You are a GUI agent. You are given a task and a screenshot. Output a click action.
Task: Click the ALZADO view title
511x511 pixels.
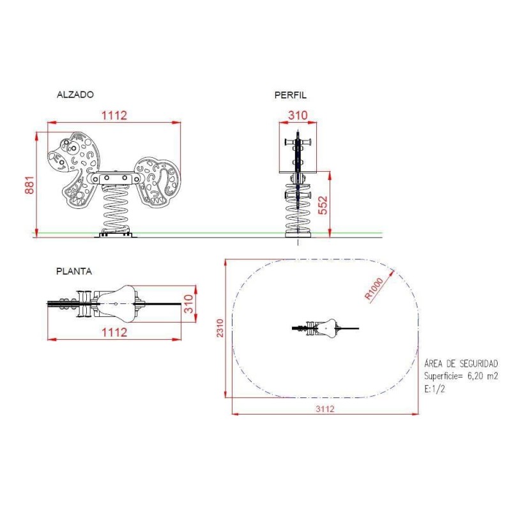click(75, 95)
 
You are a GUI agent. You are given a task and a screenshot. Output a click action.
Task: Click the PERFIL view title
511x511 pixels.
click(291, 95)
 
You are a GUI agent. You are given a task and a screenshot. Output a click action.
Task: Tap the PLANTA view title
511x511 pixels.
click(74, 271)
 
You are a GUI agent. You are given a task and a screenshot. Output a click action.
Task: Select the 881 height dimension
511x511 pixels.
click(29, 185)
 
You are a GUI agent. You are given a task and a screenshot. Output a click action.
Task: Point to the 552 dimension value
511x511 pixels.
click(323, 205)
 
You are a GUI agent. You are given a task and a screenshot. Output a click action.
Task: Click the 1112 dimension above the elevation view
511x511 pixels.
click(114, 116)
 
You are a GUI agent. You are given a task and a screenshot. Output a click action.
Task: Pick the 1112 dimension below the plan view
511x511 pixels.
click(114, 332)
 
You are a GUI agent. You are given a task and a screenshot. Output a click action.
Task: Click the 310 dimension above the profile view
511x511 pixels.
click(298, 115)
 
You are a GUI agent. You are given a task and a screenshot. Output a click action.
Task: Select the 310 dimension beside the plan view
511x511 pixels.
click(188, 304)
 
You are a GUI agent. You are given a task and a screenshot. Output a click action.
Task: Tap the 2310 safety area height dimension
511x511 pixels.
click(220, 328)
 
